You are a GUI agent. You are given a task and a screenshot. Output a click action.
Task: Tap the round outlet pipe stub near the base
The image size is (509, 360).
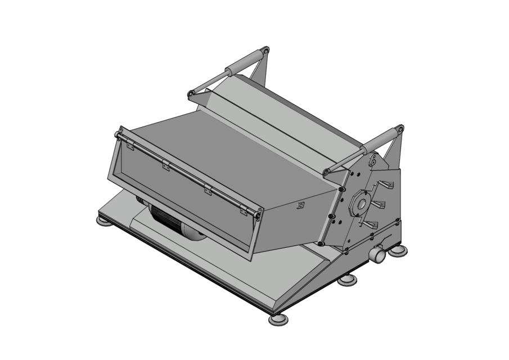[x=377, y=255]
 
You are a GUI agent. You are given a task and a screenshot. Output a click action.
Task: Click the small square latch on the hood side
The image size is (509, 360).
[x=300, y=205]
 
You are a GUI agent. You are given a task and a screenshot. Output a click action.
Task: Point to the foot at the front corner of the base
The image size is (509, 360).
[x=278, y=319]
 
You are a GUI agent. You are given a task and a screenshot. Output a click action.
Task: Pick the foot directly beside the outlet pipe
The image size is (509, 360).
[x=398, y=250]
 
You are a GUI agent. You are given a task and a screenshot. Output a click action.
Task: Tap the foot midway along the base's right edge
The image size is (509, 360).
[x=347, y=280]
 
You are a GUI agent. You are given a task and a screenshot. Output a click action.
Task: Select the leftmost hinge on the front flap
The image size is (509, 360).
[x=130, y=146]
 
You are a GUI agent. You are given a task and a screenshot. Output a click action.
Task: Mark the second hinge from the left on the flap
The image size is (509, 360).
[x=166, y=166]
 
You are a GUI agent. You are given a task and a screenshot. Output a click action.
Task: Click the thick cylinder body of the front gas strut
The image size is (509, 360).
[x=379, y=140]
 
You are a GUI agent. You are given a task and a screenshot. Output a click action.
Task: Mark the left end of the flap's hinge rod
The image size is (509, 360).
[x=118, y=134]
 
